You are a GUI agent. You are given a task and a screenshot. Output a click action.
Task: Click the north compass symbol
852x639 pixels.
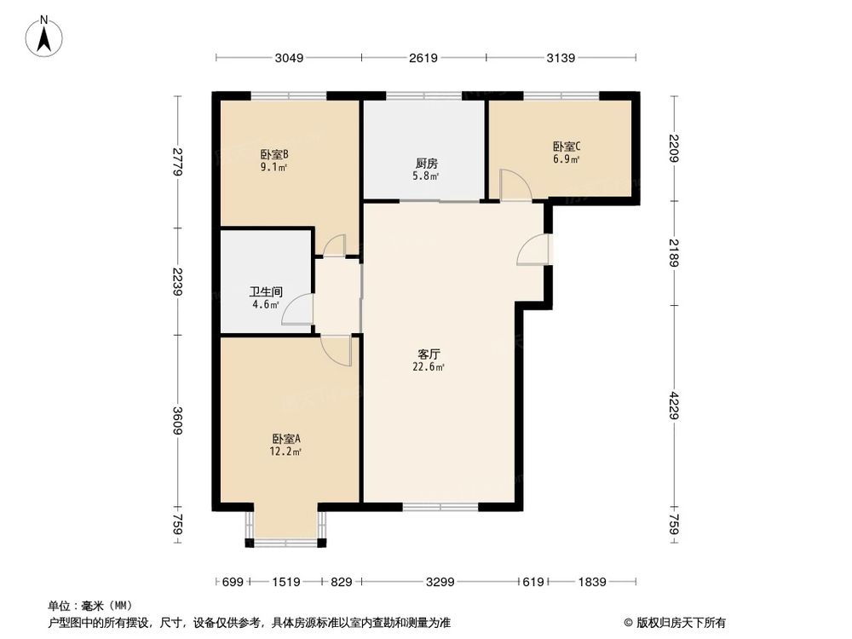(x=45, y=36)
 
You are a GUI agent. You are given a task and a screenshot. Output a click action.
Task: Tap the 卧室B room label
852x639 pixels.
(x=274, y=155)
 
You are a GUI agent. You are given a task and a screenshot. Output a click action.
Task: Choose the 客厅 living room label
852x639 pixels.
(x=429, y=353)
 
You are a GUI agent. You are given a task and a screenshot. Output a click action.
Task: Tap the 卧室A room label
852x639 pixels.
(x=286, y=439)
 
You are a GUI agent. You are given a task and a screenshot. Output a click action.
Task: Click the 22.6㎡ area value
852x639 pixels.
(x=429, y=367)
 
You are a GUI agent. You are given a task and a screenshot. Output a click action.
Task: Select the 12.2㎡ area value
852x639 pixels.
(x=286, y=452)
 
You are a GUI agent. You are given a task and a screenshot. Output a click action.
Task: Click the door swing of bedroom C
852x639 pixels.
(x=514, y=185)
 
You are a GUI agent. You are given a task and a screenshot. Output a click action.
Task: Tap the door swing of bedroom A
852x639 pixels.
(x=337, y=350)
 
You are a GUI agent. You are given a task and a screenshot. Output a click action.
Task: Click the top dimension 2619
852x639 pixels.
(x=423, y=58)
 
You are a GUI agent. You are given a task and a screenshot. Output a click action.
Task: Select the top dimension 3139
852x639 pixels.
(x=561, y=58)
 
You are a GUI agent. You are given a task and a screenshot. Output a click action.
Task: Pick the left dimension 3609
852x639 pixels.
(x=177, y=421)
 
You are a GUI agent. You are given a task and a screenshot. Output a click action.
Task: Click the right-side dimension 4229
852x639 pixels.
(x=675, y=406)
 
